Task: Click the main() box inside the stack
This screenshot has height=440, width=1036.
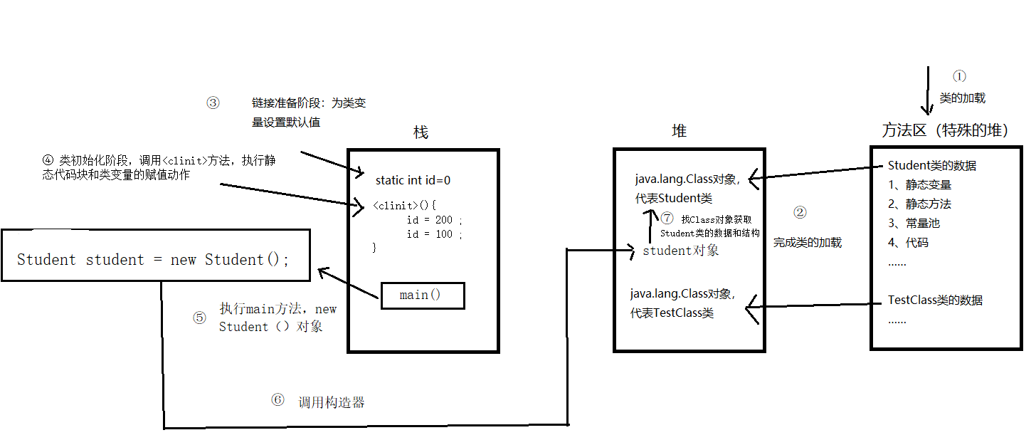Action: (423, 295)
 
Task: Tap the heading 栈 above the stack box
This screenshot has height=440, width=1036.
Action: (421, 132)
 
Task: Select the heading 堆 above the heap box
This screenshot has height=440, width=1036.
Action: (680, 130)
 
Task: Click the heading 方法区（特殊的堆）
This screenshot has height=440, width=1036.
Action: (945, 130)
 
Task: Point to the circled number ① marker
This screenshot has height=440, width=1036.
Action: (960, 76)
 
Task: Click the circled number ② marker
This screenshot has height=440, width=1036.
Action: (800, 212)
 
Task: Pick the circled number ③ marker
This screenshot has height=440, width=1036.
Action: (213, 103)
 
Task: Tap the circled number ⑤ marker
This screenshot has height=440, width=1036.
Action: (199, 318)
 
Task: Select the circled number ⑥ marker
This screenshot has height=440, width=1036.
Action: (277, 400)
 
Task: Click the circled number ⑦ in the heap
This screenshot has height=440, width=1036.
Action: (667, 219)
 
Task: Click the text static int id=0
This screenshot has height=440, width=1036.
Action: (413, 181)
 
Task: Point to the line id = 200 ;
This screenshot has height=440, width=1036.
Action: (434, 220)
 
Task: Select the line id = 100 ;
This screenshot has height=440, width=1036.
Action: (434, 234)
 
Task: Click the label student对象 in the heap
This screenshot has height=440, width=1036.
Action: (680, 251)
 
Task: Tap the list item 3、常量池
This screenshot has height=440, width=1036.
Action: (914, 223)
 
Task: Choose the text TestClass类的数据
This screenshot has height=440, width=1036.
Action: (935, 300)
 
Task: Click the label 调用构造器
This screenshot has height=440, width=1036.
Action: (331, 402)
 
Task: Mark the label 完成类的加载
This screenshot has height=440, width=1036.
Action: (808, 243)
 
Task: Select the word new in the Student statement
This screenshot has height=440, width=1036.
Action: (183, 260)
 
